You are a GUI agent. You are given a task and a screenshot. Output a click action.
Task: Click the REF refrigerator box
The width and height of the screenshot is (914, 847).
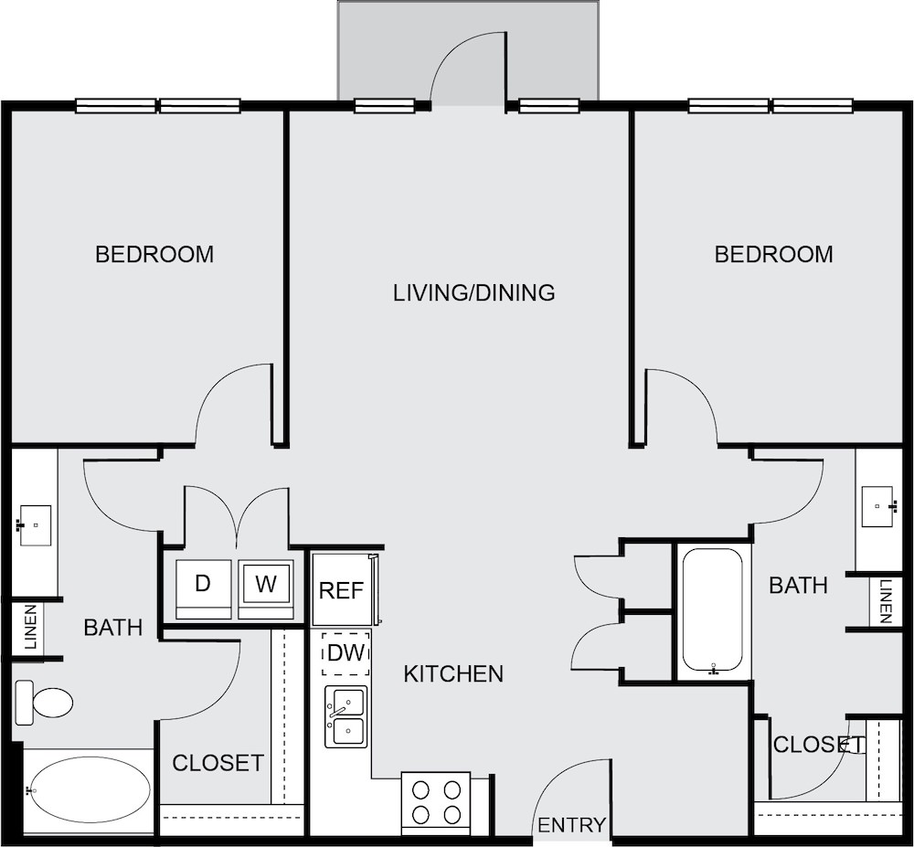[342, 589]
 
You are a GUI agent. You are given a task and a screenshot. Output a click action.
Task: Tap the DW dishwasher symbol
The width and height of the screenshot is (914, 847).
[346, 653]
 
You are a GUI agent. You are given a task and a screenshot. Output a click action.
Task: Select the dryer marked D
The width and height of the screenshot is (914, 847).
[204, 589]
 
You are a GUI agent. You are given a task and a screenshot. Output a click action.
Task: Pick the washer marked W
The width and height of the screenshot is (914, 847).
[266, 589]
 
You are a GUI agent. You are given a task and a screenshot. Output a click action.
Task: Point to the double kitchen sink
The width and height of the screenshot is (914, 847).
[346, 716]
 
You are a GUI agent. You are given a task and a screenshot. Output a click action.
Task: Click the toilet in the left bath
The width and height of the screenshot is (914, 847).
[43, 702]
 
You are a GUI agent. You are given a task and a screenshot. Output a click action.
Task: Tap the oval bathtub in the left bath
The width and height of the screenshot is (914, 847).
[90, 790]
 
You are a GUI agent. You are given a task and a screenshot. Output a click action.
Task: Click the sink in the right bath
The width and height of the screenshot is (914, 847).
[877, 506]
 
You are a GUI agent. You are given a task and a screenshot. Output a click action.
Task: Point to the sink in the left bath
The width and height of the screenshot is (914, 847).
[35, 525]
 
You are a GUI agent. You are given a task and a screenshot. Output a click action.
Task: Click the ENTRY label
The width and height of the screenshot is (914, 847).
[571, 825]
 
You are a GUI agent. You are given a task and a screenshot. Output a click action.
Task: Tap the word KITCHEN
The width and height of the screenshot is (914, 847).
[453, 674]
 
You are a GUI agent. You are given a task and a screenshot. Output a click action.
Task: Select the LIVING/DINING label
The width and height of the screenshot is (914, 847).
[473, 292]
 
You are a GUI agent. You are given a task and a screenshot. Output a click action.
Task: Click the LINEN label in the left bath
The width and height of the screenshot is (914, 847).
[31, 627]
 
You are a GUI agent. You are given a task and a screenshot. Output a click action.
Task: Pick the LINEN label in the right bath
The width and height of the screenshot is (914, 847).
[886, 601]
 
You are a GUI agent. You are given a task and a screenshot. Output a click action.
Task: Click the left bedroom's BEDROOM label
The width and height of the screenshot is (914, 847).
[154, 255]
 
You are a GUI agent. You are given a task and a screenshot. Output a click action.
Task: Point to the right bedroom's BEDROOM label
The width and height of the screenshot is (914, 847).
[773, 255]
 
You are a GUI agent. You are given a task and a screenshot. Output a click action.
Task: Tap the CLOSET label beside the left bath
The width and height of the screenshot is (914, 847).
[218, 763]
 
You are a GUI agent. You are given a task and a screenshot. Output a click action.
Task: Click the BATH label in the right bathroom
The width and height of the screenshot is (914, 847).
[798, 585]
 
